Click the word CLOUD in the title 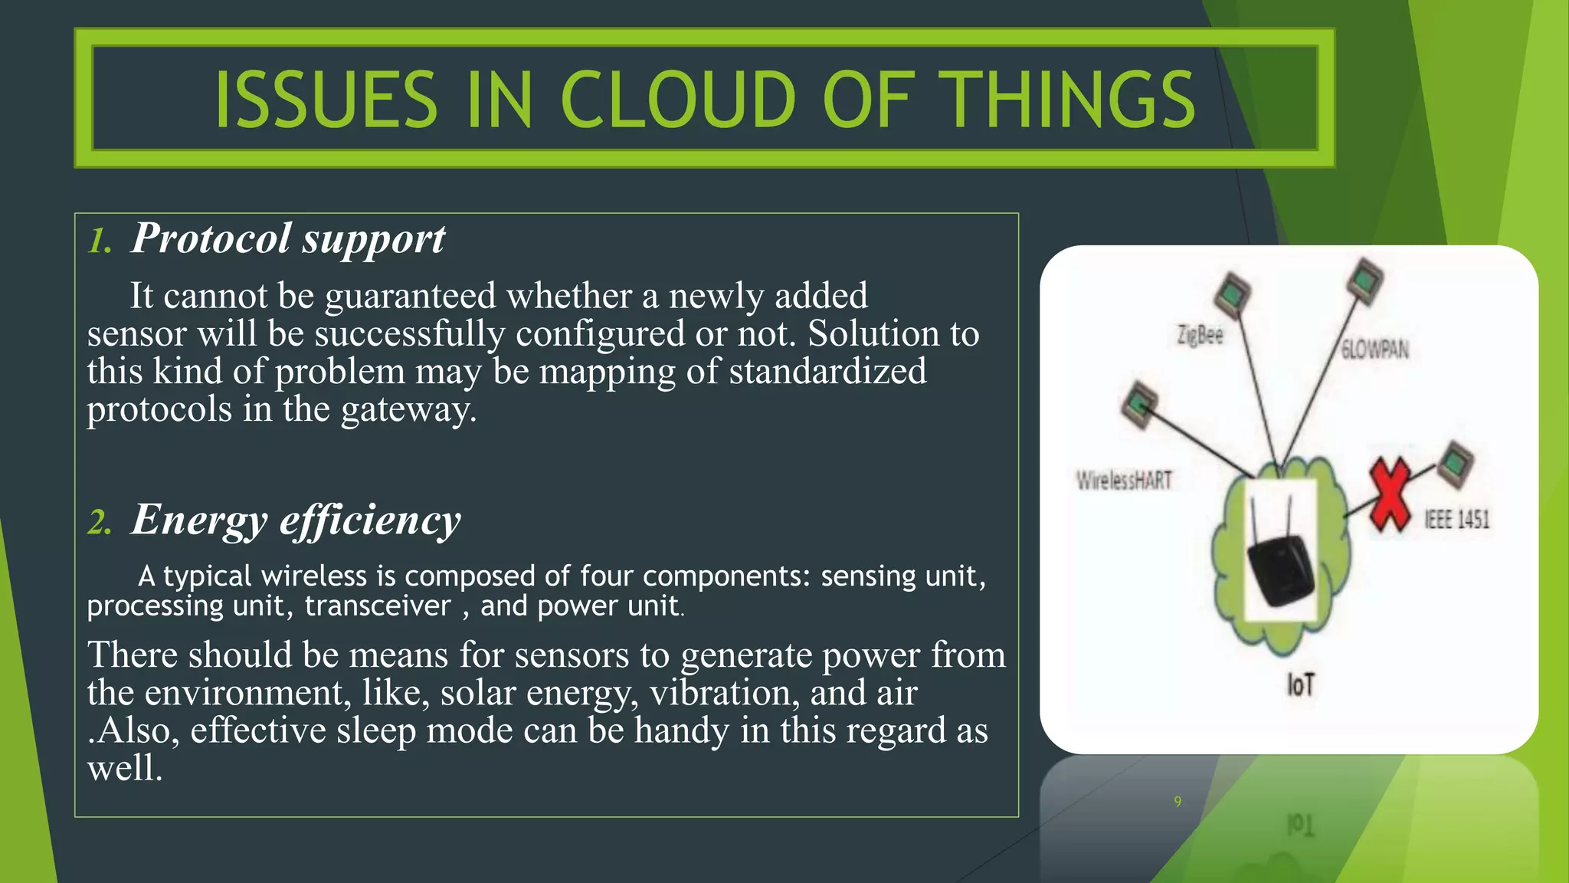click(x=679, y=100)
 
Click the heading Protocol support click(x=287, y=238)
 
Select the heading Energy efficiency click(x=296, y=520)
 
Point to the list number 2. click(x=100, y=524)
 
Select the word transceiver click(x=378, y=606)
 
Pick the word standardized click(x=827, y=372)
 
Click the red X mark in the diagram click(x=1390, y=494)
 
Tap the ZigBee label click(x=1200, y=335)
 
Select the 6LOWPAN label click(x=1375, y=350)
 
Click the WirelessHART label click(x=1124, y=481)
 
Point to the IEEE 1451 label click(x=1456, y=520)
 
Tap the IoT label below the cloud click(x=1300, y=684)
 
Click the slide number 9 click(x=1178, y=802)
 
